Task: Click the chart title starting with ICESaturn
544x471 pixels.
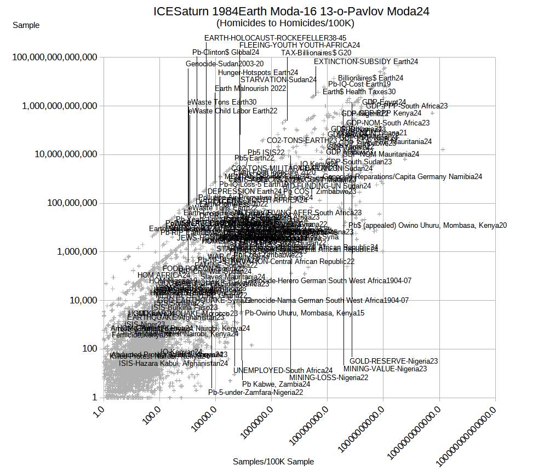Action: point(291,11)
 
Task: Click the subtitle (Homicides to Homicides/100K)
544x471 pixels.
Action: point(285,23)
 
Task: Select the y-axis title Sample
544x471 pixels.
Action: point(26,25)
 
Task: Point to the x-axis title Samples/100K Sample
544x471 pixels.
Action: point(273,462)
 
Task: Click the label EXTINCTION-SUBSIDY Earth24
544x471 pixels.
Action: point(366,61)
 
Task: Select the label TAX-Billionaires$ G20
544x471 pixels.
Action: point(316,53)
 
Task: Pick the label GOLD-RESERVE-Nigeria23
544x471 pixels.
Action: point(393,361)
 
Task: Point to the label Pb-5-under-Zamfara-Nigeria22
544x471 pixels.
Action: point(255,392)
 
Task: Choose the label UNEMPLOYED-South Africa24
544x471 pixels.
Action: point(283,370)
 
